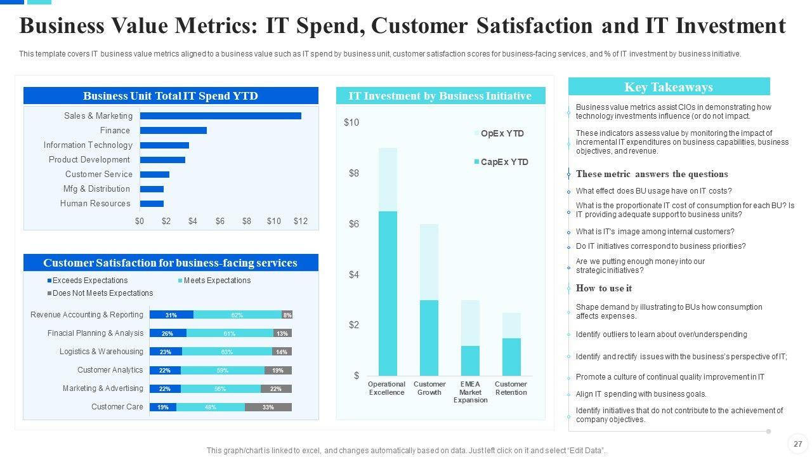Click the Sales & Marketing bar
[220, 116]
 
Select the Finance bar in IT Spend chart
[173, 130]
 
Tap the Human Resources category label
[95, 204]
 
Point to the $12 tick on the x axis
[301, 221]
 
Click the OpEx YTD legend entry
[502, 133]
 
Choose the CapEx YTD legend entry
[504, 162]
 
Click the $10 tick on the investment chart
[351, 123]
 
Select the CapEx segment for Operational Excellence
[388, 293]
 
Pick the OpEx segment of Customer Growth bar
[429, 262]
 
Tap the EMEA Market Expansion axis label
[470, 392]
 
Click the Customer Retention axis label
[511, 388]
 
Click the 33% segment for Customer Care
[268, 407]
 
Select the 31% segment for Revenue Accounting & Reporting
[171, 315]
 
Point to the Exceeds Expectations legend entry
[89, 281]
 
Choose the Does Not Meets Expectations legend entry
[102, 293]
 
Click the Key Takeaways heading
[669, 87]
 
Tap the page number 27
[797, 444]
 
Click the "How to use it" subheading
[603, 288]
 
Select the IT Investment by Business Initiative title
[440, 96]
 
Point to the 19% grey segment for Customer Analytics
[278, 370]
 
